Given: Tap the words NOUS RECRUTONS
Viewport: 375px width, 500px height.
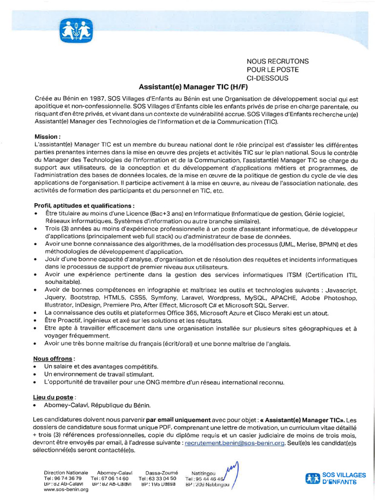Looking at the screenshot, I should [x=277, y=61].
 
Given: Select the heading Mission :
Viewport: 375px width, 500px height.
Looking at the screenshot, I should [x=47, y=137].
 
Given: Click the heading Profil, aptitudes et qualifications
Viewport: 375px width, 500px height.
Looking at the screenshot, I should [x=84, y=206].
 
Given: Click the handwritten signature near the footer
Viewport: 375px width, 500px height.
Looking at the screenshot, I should [x=230, y=473].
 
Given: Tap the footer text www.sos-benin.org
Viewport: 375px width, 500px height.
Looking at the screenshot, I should [x=66, y=489].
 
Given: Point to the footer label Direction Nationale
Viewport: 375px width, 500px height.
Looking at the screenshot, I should [x=66, y=473].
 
